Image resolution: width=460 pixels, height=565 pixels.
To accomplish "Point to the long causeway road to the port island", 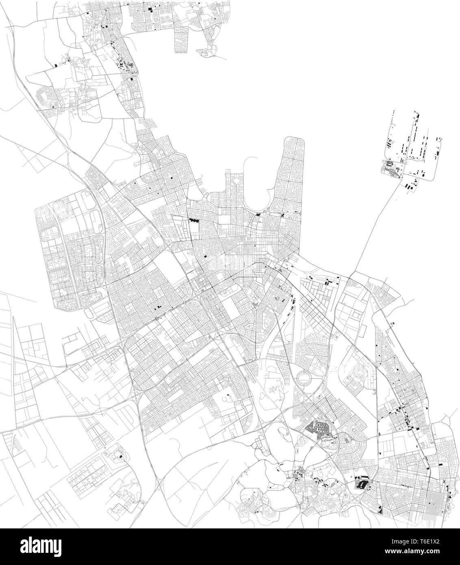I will (x=374, y=232).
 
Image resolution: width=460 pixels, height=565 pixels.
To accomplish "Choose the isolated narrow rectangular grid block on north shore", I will (x=180, y=41).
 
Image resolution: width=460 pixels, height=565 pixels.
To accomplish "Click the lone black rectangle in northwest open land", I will (x=56, y=64).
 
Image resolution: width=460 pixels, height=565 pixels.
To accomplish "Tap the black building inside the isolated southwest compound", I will (x=120, y=457).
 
